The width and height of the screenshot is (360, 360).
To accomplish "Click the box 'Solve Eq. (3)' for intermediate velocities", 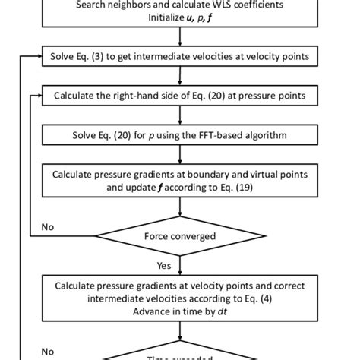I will pos(180,57).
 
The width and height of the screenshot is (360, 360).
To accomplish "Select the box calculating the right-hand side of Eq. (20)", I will pos(180,96).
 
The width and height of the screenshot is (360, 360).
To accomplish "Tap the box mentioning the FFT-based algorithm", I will pos(180,135).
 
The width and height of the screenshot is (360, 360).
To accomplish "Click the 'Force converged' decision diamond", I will pos(180,236).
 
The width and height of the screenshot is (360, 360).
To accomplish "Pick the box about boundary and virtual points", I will pos(180,181).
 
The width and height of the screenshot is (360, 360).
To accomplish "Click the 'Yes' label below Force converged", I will pos(163,266).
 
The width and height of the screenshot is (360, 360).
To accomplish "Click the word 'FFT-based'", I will pos(226,135).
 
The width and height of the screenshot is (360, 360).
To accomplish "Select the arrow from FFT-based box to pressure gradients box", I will pos(180,155).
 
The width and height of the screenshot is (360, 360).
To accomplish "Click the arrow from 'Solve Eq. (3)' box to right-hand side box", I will pos(180,77).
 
